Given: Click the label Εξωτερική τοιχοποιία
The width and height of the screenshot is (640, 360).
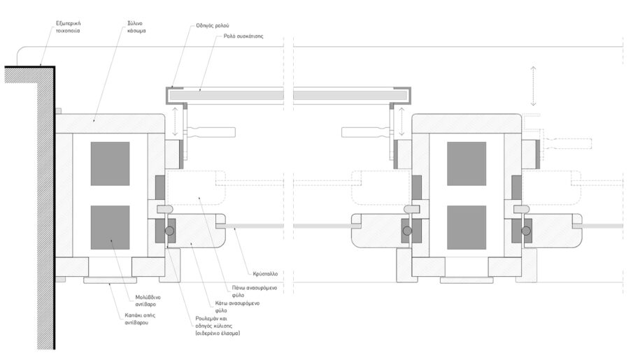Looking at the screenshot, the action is coord(68,27).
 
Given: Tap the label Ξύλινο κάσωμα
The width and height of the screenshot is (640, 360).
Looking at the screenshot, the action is coord(136,27).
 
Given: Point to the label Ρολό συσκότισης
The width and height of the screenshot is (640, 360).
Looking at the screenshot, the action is coord(243,36).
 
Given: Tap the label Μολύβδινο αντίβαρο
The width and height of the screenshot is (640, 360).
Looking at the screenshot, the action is coord(148,301).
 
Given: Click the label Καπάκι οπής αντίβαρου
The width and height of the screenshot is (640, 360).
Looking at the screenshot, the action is coord(140,319).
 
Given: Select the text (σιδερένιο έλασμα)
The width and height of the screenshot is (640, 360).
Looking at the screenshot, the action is coord(218,333).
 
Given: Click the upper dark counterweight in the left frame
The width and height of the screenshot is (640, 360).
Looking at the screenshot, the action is coord(111,164).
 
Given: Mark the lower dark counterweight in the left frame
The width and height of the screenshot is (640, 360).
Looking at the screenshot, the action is coord(111,227).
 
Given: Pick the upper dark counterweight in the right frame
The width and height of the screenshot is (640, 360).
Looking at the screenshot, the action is coord(467,164).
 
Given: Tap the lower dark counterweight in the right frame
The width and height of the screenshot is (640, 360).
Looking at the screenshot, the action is coord(467,227).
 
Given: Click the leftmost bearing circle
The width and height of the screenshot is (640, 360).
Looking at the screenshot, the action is coord(169,231).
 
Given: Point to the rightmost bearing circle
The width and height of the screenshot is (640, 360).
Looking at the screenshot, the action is coord(526,231).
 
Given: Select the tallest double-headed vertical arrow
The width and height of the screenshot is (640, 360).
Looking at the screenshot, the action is coord(533,85).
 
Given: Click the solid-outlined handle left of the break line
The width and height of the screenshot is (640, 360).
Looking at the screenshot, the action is coord(211,132).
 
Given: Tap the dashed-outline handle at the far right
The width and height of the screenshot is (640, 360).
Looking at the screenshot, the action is coord(567,143).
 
